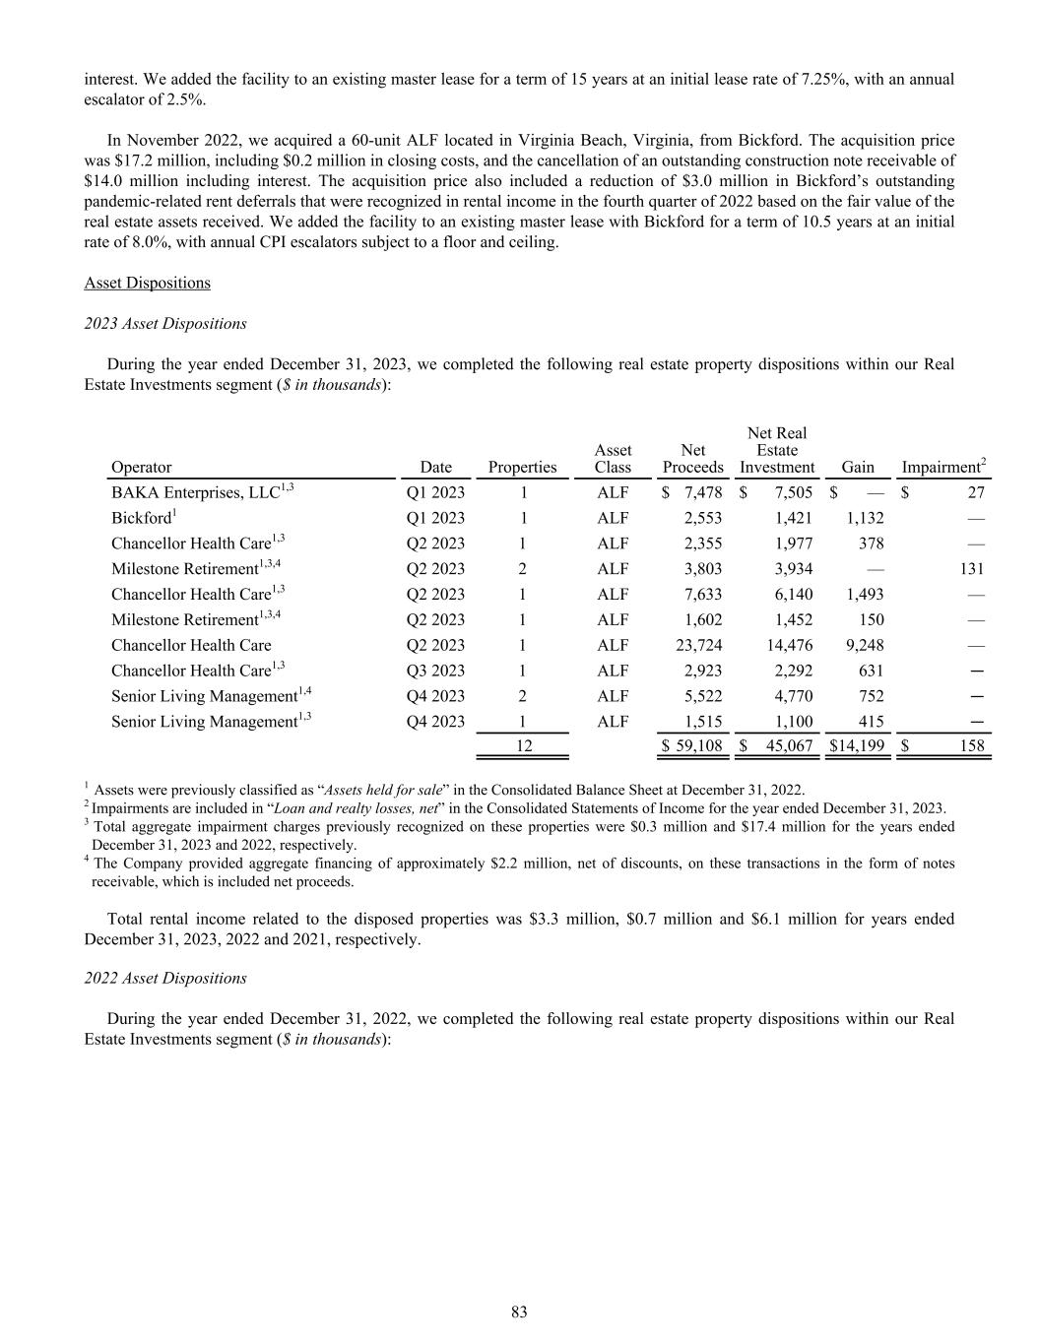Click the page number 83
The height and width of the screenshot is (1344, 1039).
519,1312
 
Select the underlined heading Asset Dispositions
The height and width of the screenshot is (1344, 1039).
147,283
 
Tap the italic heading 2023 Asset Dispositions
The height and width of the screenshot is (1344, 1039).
165,323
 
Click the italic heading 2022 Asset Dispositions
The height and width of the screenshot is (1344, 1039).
165,978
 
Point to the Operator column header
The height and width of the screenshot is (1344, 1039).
141,467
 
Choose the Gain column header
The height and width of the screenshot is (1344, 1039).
858,467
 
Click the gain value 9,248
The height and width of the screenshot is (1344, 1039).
864,645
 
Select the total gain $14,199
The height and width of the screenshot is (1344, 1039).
856,746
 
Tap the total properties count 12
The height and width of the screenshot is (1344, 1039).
523,746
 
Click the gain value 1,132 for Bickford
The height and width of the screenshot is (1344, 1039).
864,518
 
